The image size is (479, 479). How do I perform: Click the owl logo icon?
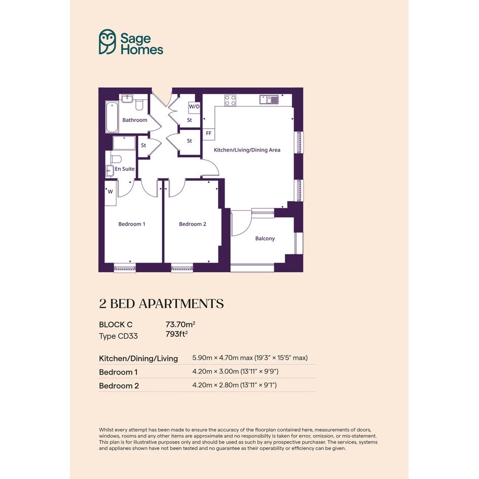pyautogui.click(x=107, y=42)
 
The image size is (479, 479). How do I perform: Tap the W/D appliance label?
pyautogui.click(x=194, y=107)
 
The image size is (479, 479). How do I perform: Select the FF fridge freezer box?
pyautogui.click(x=209, y=134)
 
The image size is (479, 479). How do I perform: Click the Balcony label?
pyautogui.click(x=265, y=238)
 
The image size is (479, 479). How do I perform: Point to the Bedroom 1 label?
pyautogui.click(x=132, y=224)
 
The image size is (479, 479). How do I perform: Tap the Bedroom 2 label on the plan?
pyautogui.click(x=193, y=224)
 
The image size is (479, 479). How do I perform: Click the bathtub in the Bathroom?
pyautogui.click(x=112, y=117)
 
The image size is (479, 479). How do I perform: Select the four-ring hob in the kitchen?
pyautogui.click(x=230, y=100)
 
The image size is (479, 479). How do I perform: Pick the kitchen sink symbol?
pyautogui.click(x=269, y=99)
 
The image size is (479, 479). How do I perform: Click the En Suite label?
pyautogui.click(x=125, y=169)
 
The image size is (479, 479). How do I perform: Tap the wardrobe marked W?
pyautogui.click(x=110, y=193)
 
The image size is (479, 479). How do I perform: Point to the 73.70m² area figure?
pyautogui.click(x=180, y=324)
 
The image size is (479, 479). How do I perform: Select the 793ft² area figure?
pyautogui.click(x=176, y=334)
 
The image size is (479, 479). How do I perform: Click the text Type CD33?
pyautogui.click(x=118, y=336)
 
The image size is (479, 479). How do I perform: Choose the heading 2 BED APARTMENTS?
pyautogui.click(x=161, y=304)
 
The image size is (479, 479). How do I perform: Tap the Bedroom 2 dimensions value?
pyautogui.click(x=234, y=385)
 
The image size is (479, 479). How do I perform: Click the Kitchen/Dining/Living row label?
pyautogui.click(x=138, y=358)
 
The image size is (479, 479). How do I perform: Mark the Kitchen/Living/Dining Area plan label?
pyautogui.click(x=247, y=150)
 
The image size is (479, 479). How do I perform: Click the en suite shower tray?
pyautogui.click(x=124, y=143)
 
